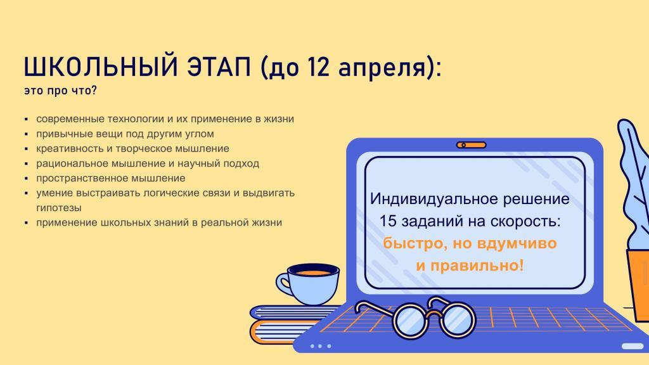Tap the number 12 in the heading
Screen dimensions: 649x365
click(x=318, y=67)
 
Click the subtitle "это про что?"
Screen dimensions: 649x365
click(x=60, y=90)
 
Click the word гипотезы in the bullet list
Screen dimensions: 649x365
click(x=59, y=208)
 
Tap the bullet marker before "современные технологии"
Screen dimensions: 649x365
click(x=27, y=120)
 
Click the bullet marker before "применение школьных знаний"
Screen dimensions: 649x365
click(x=27, y=224)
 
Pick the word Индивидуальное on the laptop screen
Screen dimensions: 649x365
click(x=434, y=198)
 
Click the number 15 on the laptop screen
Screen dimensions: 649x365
click(x=389, y=221)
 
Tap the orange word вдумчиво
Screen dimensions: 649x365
click(x=517, y=243)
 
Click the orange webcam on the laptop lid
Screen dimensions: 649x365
click(x=472, y=145)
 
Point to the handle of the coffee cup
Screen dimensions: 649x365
click(x=285, y=283)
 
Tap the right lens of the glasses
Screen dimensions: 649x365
click(x=458, y=319)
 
